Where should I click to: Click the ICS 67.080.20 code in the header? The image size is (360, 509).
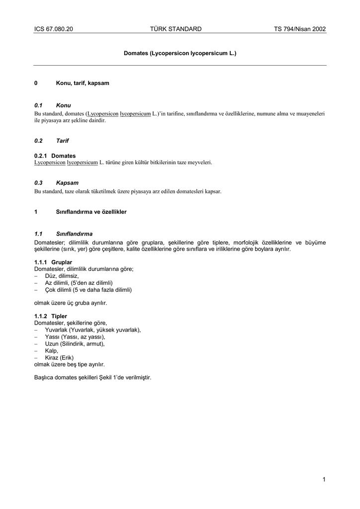coord(54,29)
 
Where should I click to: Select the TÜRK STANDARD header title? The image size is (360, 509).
coord(176,29)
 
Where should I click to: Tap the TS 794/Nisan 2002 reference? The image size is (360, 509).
coord(300,29)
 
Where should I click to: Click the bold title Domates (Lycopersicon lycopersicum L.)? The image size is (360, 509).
coord(180,52)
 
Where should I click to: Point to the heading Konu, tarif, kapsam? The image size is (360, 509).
coord(83,83)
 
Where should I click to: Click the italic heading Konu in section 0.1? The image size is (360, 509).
coord(64,105)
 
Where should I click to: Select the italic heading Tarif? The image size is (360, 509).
coord(62,141)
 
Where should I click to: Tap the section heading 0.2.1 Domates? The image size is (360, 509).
coord(55,156)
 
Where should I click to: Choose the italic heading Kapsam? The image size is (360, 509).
coord(67,183)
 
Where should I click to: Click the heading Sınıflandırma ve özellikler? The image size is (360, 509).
coord(91,212)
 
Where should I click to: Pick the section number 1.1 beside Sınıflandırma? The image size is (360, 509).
coord(38,234)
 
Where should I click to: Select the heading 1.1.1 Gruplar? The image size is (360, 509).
coord(53,262)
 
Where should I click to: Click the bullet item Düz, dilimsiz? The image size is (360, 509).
coord(62,275)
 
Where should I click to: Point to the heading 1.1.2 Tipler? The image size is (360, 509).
coord(51,316)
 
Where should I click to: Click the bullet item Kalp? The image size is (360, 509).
coord(52,350)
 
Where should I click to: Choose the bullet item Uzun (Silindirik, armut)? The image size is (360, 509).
coord(75,343)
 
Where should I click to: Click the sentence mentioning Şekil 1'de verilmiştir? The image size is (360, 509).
coord(92,377)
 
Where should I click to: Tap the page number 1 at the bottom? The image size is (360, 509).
coord(324,479)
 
